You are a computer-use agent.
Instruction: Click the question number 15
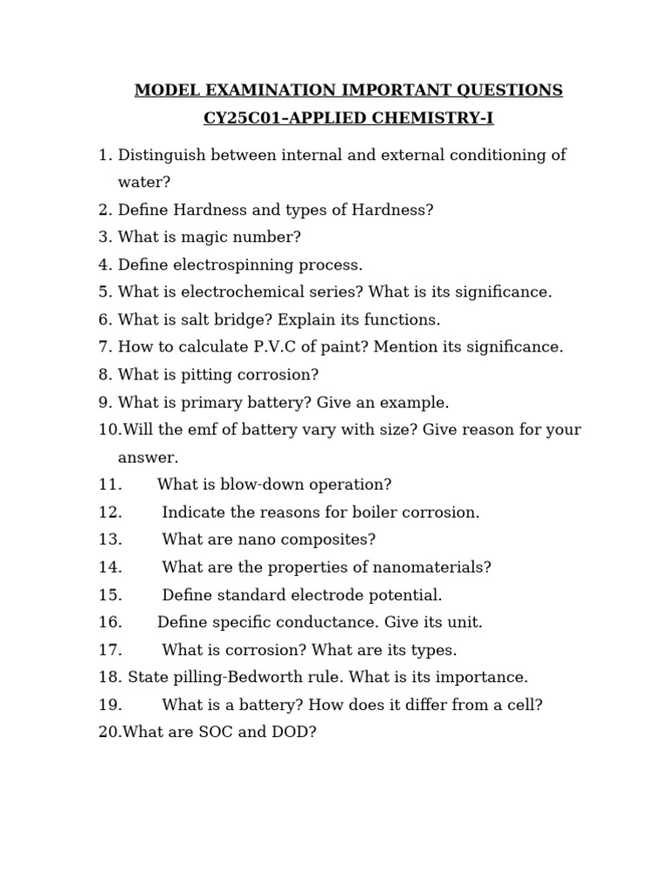tap(110, 595)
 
